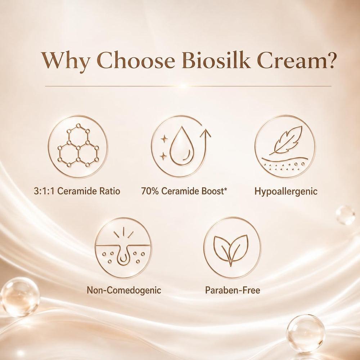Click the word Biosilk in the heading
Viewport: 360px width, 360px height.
point(216,60)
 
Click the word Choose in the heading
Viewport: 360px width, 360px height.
point(136,60)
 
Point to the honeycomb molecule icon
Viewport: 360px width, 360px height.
point(78,145)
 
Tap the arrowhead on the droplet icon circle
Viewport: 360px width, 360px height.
point(205,133)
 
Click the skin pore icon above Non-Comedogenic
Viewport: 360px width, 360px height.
point(123,248)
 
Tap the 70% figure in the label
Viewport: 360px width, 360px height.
point(150,191)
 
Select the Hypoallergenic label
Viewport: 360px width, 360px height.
point(286,192)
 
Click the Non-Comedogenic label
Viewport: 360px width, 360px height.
point(124,290)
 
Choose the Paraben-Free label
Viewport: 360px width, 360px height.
point(233,290)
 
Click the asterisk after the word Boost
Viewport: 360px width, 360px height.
point(225,189)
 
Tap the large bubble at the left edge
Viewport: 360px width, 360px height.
point(20,297)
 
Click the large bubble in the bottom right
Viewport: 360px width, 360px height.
point(306,333)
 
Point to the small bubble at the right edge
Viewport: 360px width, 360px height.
point(345,215)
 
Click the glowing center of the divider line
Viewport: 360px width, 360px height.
point(183,86)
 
